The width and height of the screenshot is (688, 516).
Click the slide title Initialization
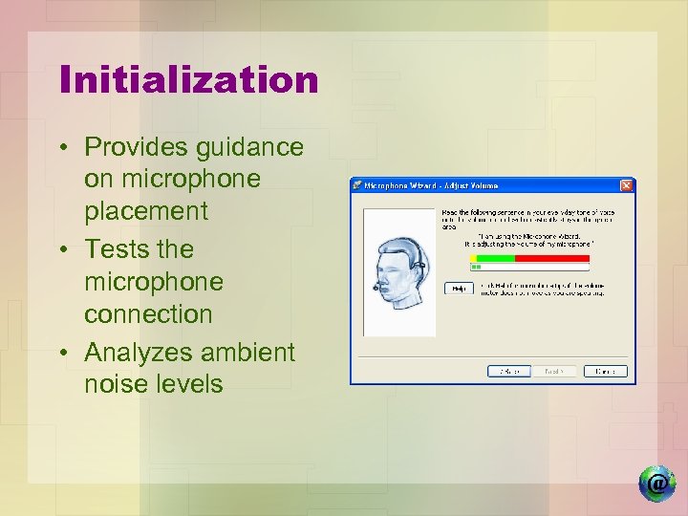188,79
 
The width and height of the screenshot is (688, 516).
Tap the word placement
145,211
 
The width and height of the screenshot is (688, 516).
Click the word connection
148,313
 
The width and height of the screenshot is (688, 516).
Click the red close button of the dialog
627,184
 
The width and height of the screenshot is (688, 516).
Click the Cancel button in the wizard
606,371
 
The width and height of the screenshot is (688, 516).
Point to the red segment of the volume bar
552,258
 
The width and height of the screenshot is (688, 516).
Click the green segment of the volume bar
495,258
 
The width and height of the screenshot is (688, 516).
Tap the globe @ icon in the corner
657,484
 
